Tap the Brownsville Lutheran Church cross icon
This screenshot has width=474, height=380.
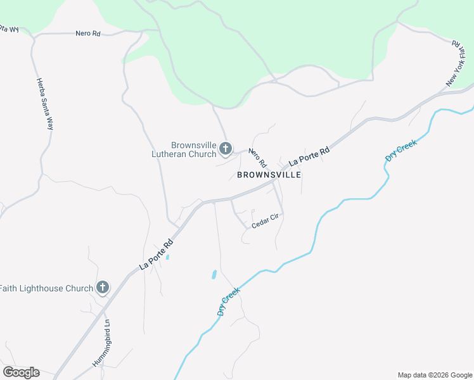(x=226, y=149)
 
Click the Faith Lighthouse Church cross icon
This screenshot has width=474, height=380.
(x=103, y=288)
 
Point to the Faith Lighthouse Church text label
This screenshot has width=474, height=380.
(x=46, y=289)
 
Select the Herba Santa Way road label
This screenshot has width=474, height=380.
(x=44, y=104)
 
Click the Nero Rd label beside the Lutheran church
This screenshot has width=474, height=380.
(x=257, y=158)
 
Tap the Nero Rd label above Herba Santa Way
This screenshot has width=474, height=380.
(x=88, y=34)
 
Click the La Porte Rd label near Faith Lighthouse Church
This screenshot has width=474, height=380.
(x=156, y=255)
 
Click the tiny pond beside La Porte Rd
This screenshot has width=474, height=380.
(x=167, y=257)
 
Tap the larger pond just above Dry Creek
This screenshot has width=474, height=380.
(x=214, y=275)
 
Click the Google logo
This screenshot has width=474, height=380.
(x=21, y=372)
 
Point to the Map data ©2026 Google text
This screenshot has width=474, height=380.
(x=434, y=375)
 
